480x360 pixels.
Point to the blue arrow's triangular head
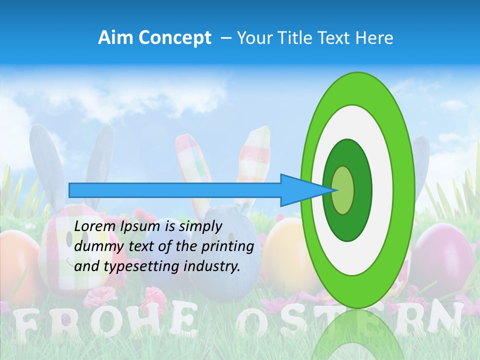coord(300,190)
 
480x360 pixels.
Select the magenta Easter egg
coord(442,255)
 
